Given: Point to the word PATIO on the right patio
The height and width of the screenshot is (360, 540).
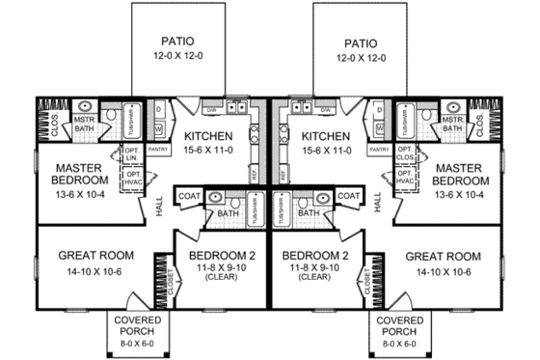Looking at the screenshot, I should [359, 42].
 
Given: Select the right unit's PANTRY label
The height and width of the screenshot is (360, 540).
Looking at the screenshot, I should [379, 150].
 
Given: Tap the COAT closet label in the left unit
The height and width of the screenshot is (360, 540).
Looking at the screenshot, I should [187, 197].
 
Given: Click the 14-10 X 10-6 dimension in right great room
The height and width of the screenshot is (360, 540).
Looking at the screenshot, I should [441, 272].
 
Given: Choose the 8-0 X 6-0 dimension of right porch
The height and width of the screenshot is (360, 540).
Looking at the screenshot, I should [398, 343].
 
